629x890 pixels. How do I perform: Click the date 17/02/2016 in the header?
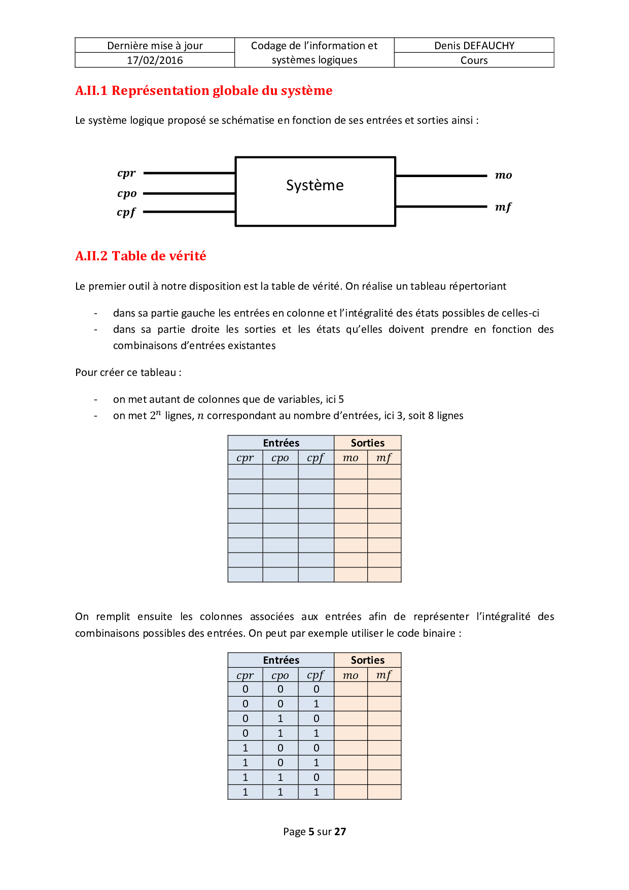coord(155,60)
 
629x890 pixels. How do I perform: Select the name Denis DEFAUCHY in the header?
coord(474,46)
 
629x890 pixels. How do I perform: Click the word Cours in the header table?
coord(474,60)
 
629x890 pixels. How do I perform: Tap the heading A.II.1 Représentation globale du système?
coord(203,91)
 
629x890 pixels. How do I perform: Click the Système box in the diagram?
coord(315,191)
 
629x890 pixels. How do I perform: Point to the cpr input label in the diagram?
coord(126,173)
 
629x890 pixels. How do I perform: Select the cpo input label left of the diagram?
coord(127,193)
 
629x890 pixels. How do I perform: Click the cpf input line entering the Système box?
coord(189,212)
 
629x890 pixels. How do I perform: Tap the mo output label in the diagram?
coord(503,176)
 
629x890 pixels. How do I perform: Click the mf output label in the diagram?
coord(503,207)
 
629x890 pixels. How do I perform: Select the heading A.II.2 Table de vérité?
coord(141,256)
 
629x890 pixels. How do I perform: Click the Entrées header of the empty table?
coord(281,443)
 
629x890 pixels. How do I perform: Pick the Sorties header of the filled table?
coord(367,660)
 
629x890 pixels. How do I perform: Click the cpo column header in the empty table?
coord(280,458)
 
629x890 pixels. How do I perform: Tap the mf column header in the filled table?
coord(383,675)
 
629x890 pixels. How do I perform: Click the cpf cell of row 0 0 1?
coord(316,704)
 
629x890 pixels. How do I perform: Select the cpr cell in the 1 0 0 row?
coord(246,748)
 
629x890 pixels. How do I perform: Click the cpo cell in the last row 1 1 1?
coord(280,792)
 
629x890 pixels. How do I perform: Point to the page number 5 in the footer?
coord(311,832)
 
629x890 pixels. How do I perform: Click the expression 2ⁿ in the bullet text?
coord(155,416)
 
